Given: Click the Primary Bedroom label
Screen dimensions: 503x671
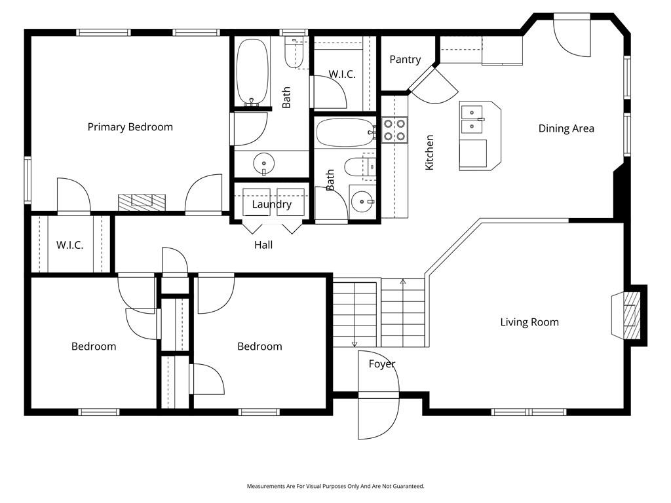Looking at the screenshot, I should [x=130, y=127].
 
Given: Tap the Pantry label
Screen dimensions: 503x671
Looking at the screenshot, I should [x=405, y=60].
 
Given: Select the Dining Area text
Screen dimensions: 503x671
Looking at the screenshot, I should [x=566, y=128].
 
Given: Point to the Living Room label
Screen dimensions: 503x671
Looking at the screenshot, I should [x=529, y=322].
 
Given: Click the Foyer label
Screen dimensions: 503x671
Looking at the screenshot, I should [x=381, y=364].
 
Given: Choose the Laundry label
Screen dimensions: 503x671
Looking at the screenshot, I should [x=271, y=204].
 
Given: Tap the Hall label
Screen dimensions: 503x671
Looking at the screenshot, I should [x=263, y=245].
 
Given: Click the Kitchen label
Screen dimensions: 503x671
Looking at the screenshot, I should [x=430, y=153].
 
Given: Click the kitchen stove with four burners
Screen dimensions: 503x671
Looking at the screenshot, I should [x=394, y=130].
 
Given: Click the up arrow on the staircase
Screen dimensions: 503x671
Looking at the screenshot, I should [x=403, y=282].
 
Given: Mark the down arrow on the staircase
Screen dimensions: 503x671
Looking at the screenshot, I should [x=355, y=343].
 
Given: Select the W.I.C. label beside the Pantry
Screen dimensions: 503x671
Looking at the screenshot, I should [x=342, y=75].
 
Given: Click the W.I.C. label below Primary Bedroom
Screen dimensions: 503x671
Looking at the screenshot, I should [x=69, y=245].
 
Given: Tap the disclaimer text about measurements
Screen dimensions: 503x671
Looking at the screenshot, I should [x=335, y=486].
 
